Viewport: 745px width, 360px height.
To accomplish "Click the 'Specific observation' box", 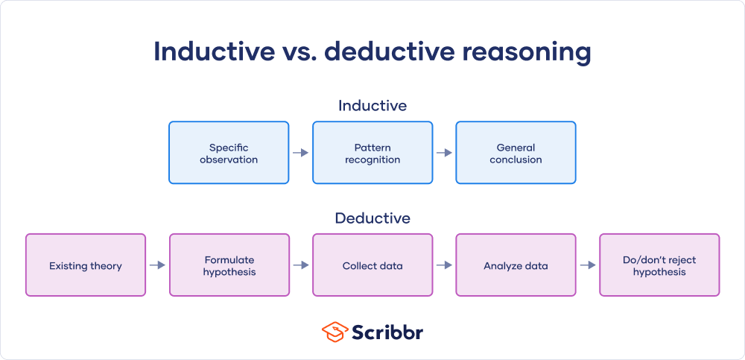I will pos(229,153).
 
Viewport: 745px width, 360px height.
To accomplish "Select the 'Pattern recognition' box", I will pos(372,153).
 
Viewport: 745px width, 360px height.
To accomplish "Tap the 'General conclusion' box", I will pos(516,153).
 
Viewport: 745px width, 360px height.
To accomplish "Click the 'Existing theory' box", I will pos(86,265).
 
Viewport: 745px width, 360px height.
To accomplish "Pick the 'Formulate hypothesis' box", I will pos(229,265).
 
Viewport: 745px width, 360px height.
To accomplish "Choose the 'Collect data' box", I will pos(372,265).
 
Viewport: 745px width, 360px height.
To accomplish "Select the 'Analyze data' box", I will pos(516,265).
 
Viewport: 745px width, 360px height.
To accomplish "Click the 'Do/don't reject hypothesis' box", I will pos(659,265).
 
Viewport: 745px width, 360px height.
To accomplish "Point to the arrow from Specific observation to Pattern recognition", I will pos(300,153).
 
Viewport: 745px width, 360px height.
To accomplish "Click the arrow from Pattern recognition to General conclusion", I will pos(444,153).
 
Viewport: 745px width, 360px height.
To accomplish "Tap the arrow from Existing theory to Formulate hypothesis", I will pos(157,265).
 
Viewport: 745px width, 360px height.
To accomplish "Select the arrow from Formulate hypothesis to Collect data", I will pos(300,265).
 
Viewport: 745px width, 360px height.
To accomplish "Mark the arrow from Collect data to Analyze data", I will pos(444,265).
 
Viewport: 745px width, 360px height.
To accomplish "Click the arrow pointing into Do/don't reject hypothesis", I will pos(587,265).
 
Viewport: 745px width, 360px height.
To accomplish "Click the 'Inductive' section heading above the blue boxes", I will pos(372,106).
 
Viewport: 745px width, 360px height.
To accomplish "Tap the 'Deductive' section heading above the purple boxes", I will pos(372,218).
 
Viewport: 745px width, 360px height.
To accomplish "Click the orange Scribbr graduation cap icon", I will pos(335,332).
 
